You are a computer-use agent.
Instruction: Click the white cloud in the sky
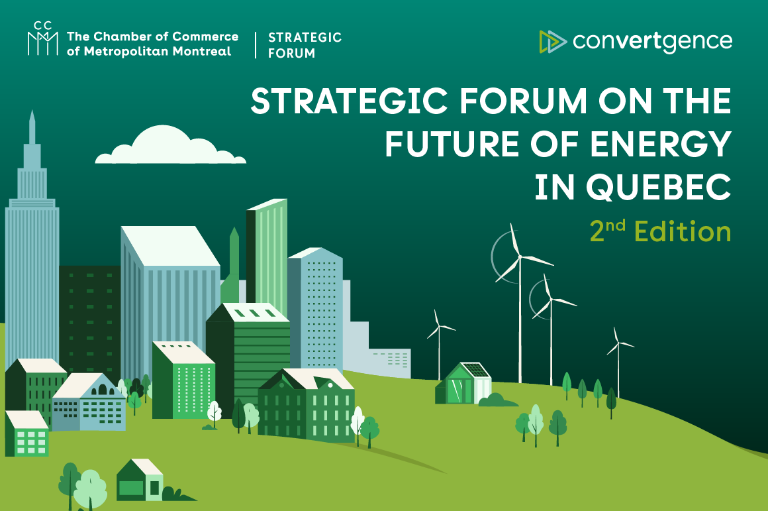click(x=171, y=146)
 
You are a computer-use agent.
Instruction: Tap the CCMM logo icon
click(x=43, y=38)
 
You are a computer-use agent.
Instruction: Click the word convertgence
click(x=652, y=40)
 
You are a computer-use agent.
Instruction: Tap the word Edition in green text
click(x=683, y=232)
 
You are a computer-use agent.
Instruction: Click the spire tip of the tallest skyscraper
click(x=32, y=115)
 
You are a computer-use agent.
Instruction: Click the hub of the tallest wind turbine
click(x=519, y=256)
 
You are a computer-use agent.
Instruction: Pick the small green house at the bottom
click(x=140, y=481)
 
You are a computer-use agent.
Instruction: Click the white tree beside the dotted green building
click(x=214, y=412)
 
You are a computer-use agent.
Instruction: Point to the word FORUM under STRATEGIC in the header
click(x=291, y=53)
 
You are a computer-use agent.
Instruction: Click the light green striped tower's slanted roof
click(x=268, y=204)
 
